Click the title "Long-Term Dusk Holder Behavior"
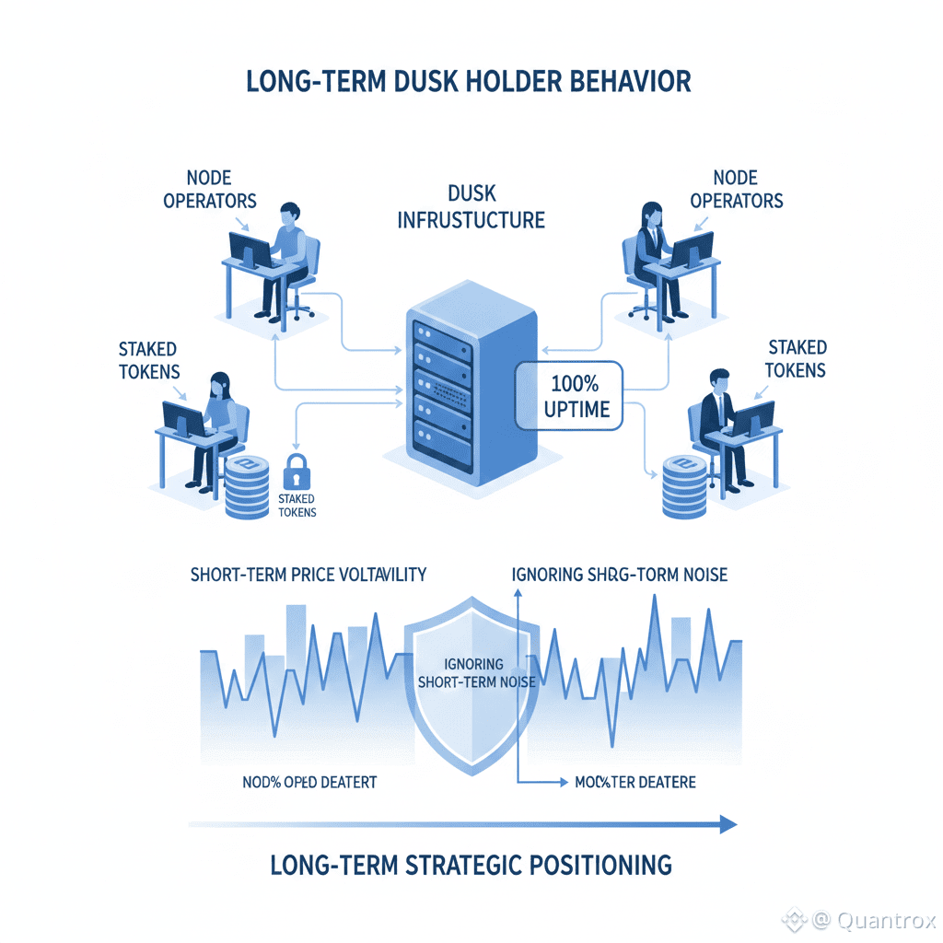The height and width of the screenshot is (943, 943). (x=469, y=81)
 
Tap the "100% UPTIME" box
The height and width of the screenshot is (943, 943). (x=567, y=394)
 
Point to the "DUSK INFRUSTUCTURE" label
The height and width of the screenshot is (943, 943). (x=471, y=207)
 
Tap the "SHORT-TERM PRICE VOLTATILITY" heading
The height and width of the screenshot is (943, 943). (x=309, y=575)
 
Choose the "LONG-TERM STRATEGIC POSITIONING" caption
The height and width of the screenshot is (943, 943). (x=471, y=866)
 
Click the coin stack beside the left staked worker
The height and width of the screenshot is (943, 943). (x=246, y=486)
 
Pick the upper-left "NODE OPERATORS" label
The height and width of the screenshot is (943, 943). (x=209, y=189)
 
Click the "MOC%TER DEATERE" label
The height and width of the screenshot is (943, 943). (x=634, y=783)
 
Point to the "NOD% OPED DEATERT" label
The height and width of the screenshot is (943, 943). (x=309, y=783)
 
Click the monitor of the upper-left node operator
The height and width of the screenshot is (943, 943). (x=250, y=249)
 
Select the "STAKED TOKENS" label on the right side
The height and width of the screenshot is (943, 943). (x=797, y=359)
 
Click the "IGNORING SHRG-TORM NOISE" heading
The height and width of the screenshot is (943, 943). (x=619, y=575)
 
